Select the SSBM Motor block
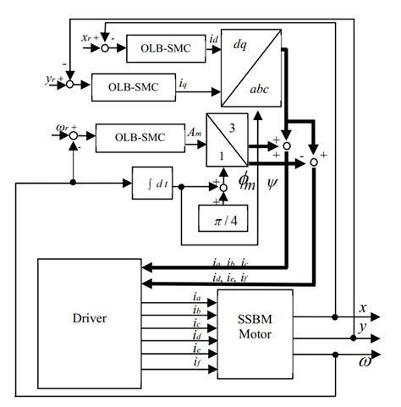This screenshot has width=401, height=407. tap(255, 326)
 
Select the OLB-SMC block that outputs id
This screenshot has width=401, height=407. tap(164, 49)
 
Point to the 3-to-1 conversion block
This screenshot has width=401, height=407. tap(226, 139)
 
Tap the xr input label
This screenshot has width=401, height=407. tap(88, 40)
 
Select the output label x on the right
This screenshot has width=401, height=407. tap(363, 307)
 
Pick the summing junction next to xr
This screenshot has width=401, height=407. tap(106, 49)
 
